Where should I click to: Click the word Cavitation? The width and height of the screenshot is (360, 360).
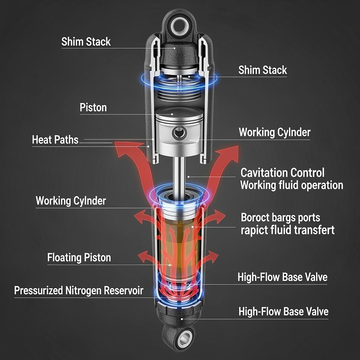point(264,173)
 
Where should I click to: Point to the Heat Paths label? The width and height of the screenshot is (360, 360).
point(55,140)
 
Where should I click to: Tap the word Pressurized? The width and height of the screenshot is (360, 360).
point(38,291)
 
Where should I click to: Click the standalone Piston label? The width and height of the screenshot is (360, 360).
point(93,108)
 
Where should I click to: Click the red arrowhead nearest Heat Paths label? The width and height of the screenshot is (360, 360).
point(120,146)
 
